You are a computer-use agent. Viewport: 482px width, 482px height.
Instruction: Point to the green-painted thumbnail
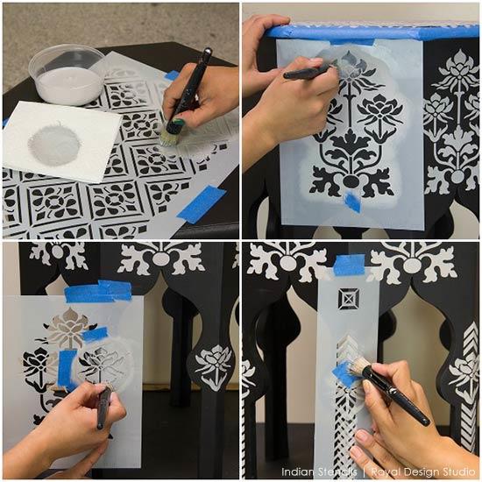[177, 124]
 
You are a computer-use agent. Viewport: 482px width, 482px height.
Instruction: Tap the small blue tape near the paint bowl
[171, 75]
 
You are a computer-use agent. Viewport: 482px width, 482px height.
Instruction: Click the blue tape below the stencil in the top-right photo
[352, 201]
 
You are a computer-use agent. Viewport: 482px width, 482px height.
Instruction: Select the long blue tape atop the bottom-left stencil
[98, 291]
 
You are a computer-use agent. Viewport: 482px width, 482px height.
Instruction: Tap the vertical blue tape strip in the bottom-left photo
[67, 368]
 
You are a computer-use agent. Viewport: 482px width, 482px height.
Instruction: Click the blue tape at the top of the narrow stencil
[349, 266]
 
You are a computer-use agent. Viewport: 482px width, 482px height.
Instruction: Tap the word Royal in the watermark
[386, 472]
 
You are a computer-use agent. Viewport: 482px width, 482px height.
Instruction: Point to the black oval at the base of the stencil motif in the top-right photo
[351, 181]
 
